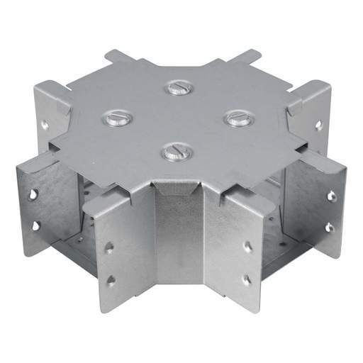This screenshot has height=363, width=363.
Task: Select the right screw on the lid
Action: [235, 118]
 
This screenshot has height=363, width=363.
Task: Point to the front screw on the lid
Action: [174, 151]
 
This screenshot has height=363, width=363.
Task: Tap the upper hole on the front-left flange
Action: [108, 247]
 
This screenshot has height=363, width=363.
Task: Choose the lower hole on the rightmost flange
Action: [329, 228]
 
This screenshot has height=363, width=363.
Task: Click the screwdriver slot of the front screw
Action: [174, 151]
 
